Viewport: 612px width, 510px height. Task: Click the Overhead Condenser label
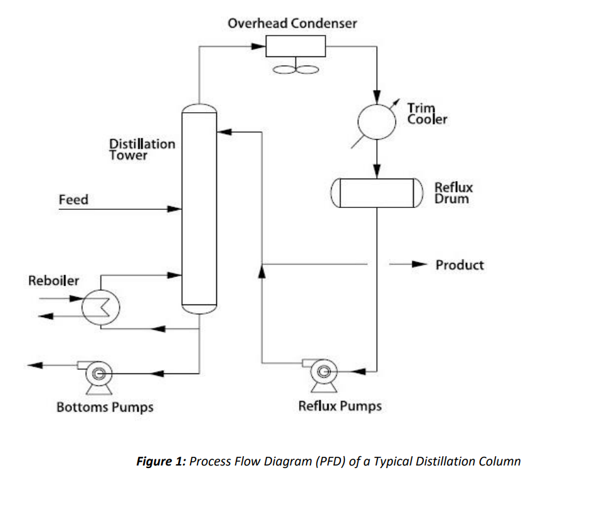click(x=292, y=23)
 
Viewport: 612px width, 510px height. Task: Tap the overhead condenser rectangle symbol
click(x=295, y=46)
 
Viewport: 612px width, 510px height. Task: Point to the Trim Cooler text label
click(x=427, y=113)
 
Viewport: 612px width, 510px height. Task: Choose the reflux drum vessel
click(x=374, y=193)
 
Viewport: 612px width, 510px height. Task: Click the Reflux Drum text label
click(x=453, y=193)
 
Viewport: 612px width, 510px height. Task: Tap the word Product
click(x=460, y=264)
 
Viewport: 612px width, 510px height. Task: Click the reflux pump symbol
click(x=323, y=372)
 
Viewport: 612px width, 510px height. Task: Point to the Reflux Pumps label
click(x=340, y=406)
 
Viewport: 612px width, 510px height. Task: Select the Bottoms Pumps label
click(x=105, y=407)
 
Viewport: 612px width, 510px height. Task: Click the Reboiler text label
click(x=54, y=280)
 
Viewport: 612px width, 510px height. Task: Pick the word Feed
click(x=73, y=200)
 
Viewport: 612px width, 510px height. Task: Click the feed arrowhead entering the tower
click(x=174, y=209)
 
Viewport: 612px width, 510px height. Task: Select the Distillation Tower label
click(x=142, y=149)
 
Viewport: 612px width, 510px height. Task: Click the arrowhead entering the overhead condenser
click(x=258, y=46)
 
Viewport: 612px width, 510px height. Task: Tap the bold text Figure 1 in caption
click(x=161, y=462)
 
